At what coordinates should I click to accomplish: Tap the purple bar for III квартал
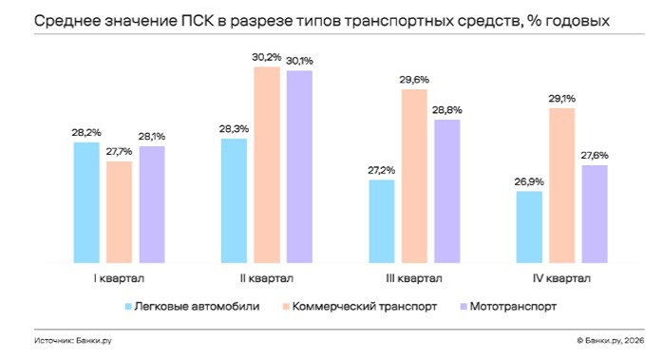click(446, 190)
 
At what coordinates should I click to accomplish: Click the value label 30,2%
click(267, 56)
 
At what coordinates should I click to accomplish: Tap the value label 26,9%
click(528, 180)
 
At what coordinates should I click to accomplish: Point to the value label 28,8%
click(447, 109)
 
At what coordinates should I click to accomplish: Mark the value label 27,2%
click(382, 170)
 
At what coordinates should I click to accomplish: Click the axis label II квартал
click(266, 278)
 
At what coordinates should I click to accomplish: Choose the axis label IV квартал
click(561, 278)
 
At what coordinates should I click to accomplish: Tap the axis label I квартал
click(119, 278)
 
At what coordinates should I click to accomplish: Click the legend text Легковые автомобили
click(197, 306)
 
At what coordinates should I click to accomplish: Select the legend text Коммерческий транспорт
click(366, 306)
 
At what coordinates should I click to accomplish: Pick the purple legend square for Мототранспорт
click(463, 307)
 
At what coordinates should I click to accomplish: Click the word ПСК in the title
click(208, 19)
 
